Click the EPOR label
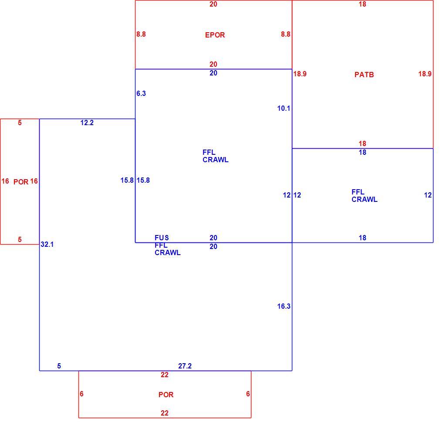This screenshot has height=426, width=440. (215, 35)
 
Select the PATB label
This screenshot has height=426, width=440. (364, 75)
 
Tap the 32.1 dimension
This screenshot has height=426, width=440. (47, 244)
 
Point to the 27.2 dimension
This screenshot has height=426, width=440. (185, 366)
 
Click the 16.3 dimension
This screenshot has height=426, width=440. (284, 306)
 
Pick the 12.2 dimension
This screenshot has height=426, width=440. (87, 123)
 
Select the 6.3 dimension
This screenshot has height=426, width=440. (141, 93)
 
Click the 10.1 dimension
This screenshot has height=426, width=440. (284, 109)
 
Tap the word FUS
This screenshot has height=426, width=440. (162, 238)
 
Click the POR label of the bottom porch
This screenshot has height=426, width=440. (166, 395)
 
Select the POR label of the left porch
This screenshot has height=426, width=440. (21, 182)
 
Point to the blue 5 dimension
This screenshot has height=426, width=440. (59, 366)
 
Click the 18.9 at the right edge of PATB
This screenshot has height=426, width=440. (425, 74)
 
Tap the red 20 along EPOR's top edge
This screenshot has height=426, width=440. (213, 4)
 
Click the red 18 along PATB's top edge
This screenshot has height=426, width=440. (362, 4)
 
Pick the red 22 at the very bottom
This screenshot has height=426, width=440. (164, 413)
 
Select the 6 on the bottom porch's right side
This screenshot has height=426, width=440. (248, 394)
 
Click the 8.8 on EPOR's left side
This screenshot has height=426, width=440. (141, 34)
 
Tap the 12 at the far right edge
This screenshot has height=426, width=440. (428, 195)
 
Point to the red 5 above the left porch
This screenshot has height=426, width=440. (20, 123)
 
